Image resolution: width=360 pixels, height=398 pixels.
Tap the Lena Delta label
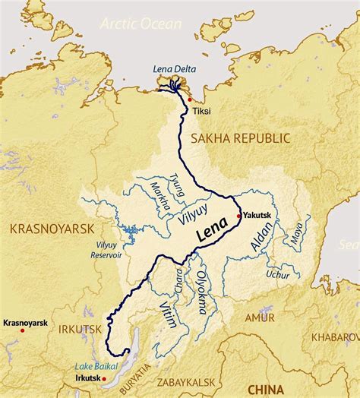175,70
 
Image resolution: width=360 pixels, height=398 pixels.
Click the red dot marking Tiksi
190,99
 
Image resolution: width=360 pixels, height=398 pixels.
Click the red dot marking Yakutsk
238,216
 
